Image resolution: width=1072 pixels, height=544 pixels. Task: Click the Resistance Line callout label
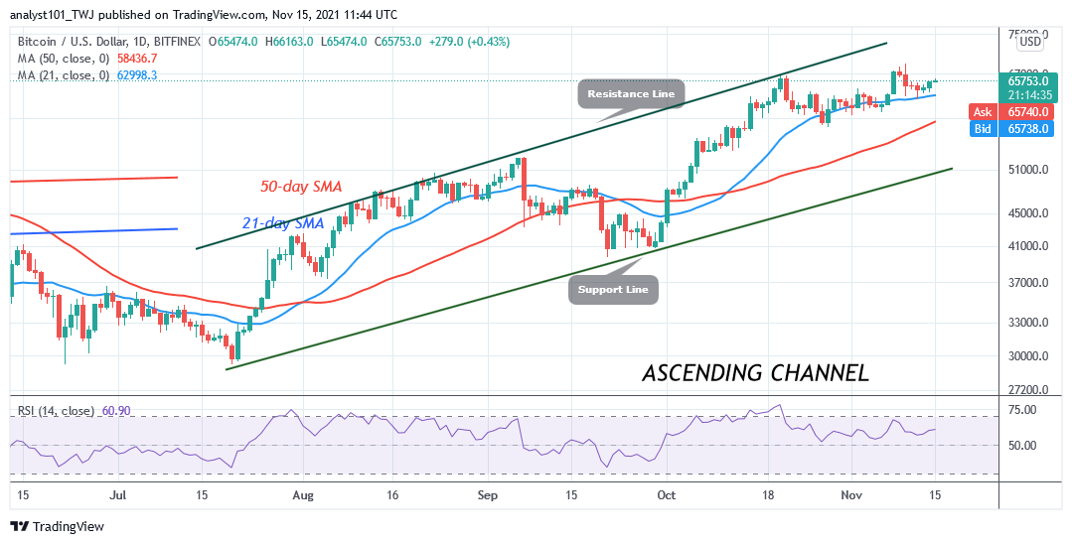[631, 94]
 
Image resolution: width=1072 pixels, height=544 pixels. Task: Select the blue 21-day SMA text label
[286, 223]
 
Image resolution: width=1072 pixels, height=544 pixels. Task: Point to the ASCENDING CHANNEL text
[755, 373]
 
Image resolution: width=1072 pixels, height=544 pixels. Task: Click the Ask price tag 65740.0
[1017, 113]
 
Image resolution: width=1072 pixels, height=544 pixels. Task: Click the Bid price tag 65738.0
[1017, 128]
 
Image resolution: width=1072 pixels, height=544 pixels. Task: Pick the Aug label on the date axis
[304, 493]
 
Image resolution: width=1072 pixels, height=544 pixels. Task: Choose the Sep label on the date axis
[486, 493]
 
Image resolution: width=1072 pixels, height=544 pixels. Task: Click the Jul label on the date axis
[117, 493]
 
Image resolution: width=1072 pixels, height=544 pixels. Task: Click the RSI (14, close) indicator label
[55, 411]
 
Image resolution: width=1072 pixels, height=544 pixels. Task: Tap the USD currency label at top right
[1031, 42]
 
